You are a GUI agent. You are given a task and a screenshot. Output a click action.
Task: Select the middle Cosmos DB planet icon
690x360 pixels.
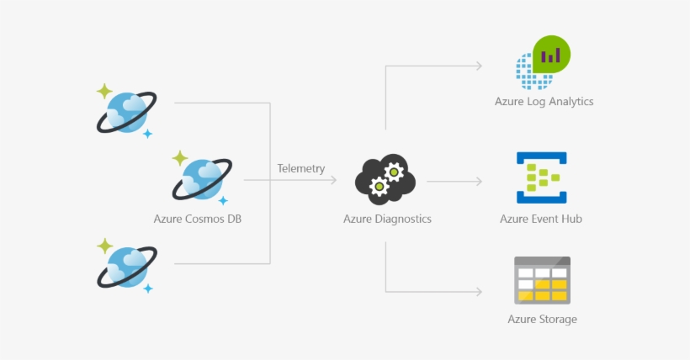202,178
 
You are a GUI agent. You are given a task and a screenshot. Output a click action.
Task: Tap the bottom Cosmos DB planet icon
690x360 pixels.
127,266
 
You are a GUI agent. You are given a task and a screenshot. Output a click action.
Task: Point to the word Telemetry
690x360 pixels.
300,168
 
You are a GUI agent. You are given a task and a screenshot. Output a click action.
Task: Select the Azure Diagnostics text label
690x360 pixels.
387,219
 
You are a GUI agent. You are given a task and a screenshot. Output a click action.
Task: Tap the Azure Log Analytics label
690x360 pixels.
544,101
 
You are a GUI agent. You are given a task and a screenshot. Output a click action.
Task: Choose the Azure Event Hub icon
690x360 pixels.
541,178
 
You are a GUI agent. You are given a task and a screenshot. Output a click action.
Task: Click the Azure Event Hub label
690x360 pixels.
541,219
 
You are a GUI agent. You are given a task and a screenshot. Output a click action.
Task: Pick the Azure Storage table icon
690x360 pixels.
542,280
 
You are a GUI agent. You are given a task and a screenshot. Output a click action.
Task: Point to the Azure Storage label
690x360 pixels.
542,319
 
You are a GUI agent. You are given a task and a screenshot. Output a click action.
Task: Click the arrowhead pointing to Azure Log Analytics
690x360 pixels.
478,65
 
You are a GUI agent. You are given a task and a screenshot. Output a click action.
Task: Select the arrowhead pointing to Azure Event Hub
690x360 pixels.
478,181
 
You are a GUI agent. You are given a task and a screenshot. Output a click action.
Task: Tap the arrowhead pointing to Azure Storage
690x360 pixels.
478,292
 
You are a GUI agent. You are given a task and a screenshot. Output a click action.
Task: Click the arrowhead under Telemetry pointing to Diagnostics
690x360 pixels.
332,180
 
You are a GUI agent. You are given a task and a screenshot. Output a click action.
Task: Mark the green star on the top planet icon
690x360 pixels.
104,91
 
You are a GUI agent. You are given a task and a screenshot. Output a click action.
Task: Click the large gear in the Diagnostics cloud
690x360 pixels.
392,172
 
